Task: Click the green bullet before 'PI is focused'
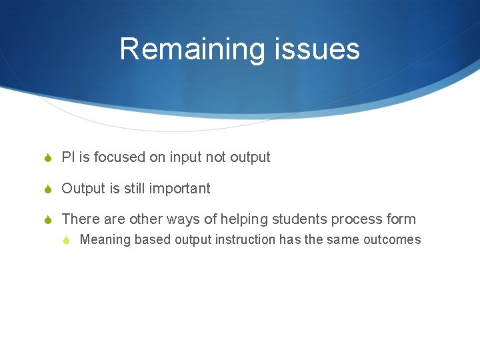click(x=48, y=158)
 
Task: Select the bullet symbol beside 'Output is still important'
click(x=48, y=189)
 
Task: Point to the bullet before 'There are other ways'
click(x=48, y=219)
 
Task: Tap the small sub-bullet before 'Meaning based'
click(x=67, y=240)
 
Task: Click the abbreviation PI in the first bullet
click(x=67, y=157)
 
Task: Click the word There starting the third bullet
click(x=81, y=219)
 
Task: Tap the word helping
click(x=241, y=219)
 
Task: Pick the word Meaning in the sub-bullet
click(x=105, y=240)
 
